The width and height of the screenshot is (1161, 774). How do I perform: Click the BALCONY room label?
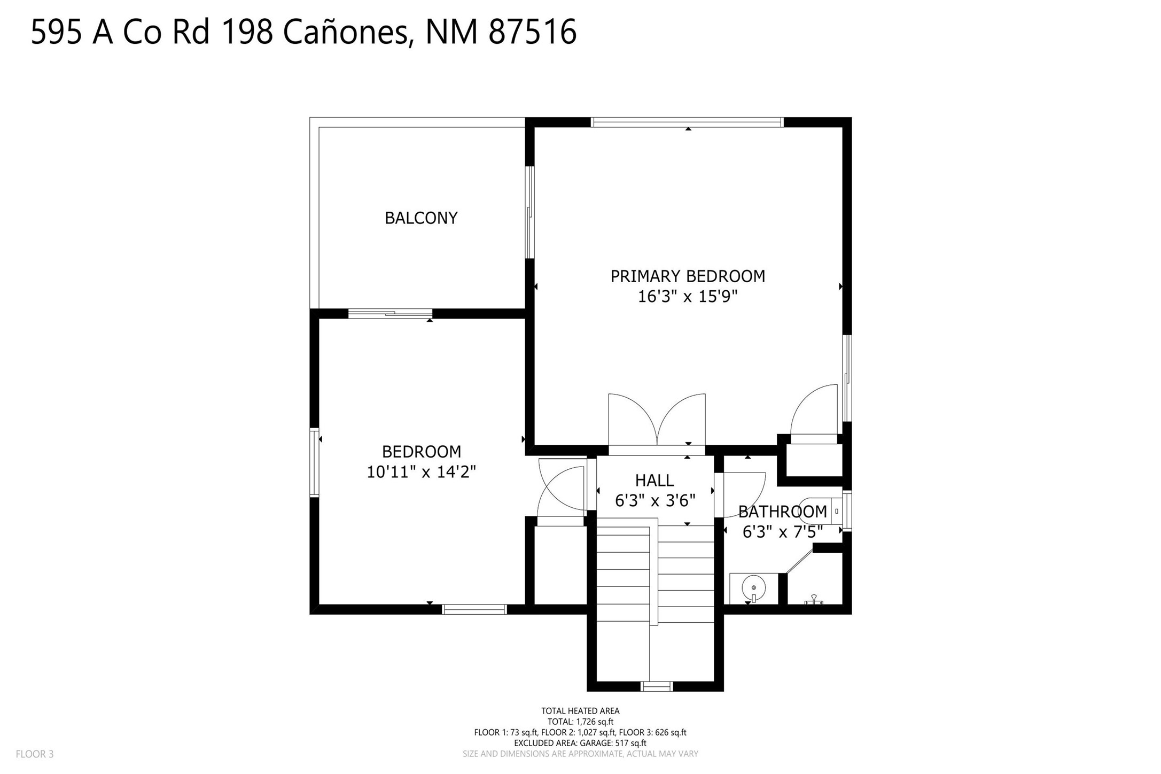point(421,218)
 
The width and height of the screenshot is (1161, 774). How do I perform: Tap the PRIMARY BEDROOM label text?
point(688,276)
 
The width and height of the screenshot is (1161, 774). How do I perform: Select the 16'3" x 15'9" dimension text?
point(688,296)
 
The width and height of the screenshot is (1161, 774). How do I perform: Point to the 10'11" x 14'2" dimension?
point(421,472)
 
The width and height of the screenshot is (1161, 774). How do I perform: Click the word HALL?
point(654,481)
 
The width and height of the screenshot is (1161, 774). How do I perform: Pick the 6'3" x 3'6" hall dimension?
point(655,500)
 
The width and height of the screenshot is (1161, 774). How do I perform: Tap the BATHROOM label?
point(783,512)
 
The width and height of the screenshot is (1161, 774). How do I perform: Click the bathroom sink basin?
point(753,588)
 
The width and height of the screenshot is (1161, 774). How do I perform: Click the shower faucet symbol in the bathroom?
point(814,600)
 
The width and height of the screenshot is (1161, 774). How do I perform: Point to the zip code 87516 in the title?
point(533,32)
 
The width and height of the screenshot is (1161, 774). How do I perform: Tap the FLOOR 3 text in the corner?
point(35,754)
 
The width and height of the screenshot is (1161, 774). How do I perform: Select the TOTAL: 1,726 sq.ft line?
point(580,722)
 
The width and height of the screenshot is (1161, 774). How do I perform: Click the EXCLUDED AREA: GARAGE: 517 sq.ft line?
point(580,743)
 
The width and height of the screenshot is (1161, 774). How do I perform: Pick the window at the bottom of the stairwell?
point(657,686)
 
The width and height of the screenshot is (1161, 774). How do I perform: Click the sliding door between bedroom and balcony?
point(390,314)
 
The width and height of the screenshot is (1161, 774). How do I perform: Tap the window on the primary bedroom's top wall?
point(687,122)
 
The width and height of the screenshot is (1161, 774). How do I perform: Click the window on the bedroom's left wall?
point(315,462)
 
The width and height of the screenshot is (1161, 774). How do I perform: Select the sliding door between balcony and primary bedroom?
point(529,212)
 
